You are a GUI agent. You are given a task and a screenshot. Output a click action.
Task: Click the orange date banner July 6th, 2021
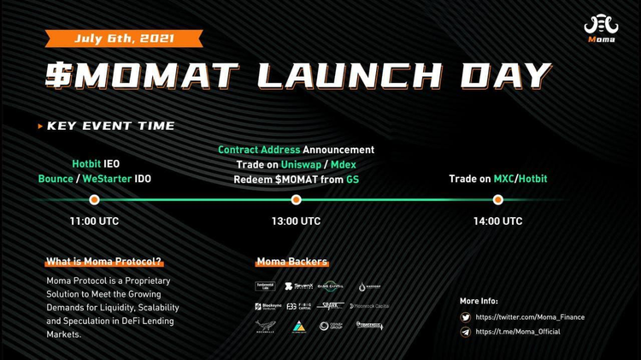(124, 38)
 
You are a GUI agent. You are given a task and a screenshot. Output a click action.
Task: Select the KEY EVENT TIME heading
(110, 126)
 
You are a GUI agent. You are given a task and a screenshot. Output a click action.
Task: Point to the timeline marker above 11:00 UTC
(94, 199)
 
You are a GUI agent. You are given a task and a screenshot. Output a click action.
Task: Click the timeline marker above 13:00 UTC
(296, 199)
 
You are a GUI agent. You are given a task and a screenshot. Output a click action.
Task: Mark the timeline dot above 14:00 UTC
(497, 199)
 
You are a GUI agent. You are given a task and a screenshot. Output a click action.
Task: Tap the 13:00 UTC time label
(296, 221)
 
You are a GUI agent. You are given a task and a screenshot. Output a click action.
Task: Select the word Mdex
(343, 164)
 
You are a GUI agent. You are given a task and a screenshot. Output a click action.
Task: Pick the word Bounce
(56, 179)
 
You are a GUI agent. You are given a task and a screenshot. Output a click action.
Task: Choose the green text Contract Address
(259, 150)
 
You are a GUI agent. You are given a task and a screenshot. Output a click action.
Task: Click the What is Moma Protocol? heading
(103, 262)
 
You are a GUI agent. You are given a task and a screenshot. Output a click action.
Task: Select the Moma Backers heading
(291, 262)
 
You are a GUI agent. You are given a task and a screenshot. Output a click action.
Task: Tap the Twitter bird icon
(466, 317)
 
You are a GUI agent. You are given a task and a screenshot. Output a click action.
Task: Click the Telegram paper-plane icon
(466, 332)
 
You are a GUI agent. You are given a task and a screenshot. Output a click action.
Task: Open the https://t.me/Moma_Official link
(518, 332)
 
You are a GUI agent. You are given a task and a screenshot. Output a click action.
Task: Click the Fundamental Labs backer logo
(265, 286)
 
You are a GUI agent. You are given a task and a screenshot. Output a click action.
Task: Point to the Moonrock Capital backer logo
(369, 306)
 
